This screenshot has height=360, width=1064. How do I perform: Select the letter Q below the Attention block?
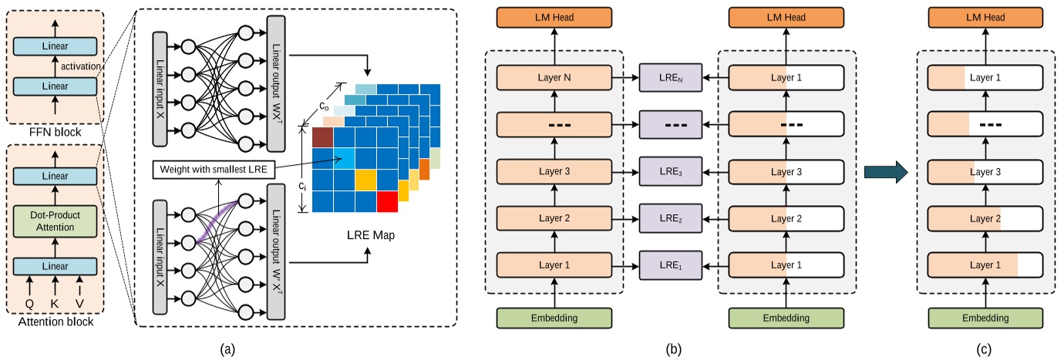(x=29, y=303)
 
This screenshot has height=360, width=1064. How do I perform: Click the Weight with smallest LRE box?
(x=212, y=169)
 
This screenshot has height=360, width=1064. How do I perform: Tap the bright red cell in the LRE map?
(x=388, y=200)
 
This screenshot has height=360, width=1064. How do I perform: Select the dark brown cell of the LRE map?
(x=323, y=136)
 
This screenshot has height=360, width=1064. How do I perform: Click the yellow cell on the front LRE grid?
(x=365, y=179)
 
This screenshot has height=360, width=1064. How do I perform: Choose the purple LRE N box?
(x=668, y=78)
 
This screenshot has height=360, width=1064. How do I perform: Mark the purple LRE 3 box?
(x=668, y=171)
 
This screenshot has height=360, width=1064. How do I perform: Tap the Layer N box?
(x=554, y=78)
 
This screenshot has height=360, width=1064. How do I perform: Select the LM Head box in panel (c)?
(x=985, y=17)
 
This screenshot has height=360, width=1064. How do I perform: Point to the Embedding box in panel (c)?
(x=985, y=318)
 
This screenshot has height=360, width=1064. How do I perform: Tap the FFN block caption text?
(x=55, y=133)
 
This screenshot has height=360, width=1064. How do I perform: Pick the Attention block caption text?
(x=55, y=321)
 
